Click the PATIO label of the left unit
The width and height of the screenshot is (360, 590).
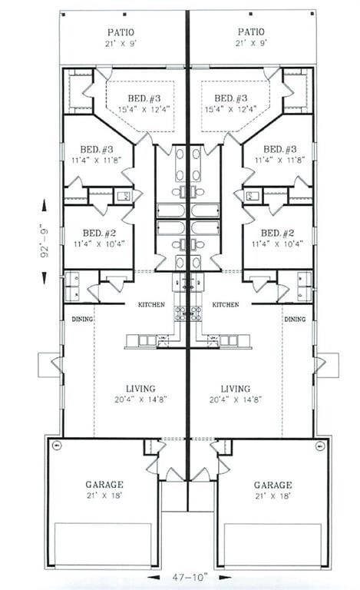coord(121,32)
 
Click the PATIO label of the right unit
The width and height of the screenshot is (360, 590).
coord(251,32)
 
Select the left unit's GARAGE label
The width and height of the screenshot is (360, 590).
coord(104,485)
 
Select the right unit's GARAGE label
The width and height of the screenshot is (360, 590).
coord(272,485)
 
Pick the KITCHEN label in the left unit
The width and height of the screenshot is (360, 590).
coord(151,305)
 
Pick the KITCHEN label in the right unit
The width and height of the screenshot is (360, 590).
coord(225,305)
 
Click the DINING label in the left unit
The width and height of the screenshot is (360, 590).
coord(82,319)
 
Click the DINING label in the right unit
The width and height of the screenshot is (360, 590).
coord(295,319)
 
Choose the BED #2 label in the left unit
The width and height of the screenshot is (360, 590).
coord(98,233)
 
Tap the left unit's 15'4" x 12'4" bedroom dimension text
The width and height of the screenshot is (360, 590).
coord(143,109)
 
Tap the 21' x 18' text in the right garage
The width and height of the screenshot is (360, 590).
coord(272,496)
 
